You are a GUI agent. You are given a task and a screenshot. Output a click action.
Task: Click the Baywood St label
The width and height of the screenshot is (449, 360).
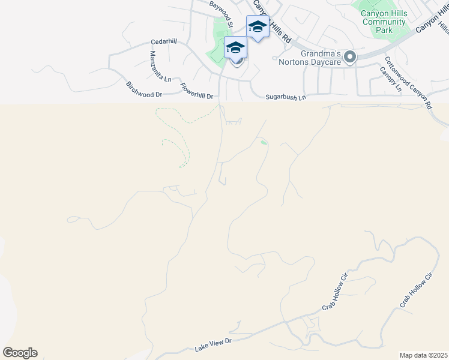[221, 13]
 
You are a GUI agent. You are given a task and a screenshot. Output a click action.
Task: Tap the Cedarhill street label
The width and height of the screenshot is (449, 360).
[164, 41]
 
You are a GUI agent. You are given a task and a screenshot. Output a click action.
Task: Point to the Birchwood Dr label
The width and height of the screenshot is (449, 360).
[143, 89]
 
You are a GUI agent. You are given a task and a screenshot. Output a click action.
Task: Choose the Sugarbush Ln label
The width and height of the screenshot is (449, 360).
[286, 97]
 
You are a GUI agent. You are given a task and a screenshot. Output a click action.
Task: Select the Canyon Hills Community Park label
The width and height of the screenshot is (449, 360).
[385, 22]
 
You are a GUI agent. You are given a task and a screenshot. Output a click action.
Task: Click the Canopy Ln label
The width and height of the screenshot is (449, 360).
[390, 79]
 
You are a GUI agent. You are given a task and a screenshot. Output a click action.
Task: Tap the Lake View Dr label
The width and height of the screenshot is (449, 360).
[213, 345]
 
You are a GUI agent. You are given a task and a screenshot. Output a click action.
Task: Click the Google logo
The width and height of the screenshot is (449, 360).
[20, 353]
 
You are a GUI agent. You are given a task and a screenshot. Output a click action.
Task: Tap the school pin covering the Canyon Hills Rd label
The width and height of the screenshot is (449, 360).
[258, 27]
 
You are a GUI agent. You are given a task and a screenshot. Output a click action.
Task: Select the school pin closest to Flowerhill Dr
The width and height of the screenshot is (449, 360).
[235, 48]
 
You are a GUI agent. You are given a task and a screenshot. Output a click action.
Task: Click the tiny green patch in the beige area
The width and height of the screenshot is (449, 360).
[264, 142]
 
